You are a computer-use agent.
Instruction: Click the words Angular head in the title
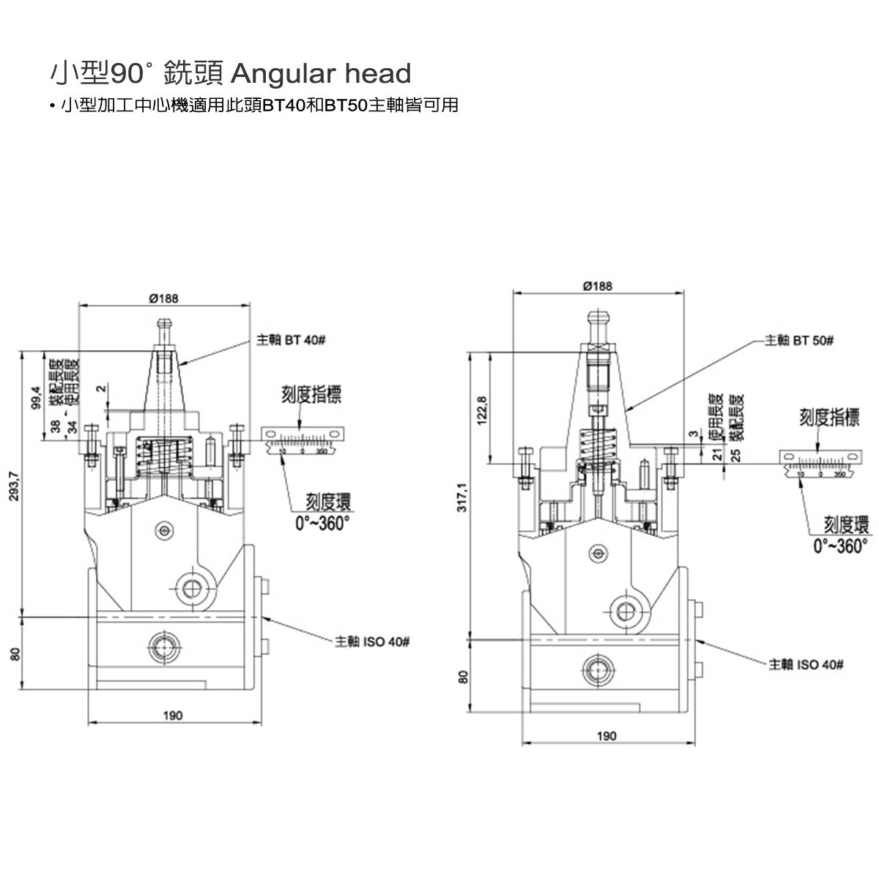(x=321, y=73)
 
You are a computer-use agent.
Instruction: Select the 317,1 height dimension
(x=463, y=498)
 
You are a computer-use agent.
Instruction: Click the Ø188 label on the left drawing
(x=163, y=298)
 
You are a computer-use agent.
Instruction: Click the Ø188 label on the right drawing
(x=598, y=286)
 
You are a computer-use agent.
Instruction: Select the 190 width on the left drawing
(x=173, y=716)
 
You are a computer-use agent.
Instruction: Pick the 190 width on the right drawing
(x=607, y=736)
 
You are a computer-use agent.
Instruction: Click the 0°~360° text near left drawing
(x=322, y=523)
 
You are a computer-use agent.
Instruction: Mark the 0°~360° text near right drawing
(x=841, y=546)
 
